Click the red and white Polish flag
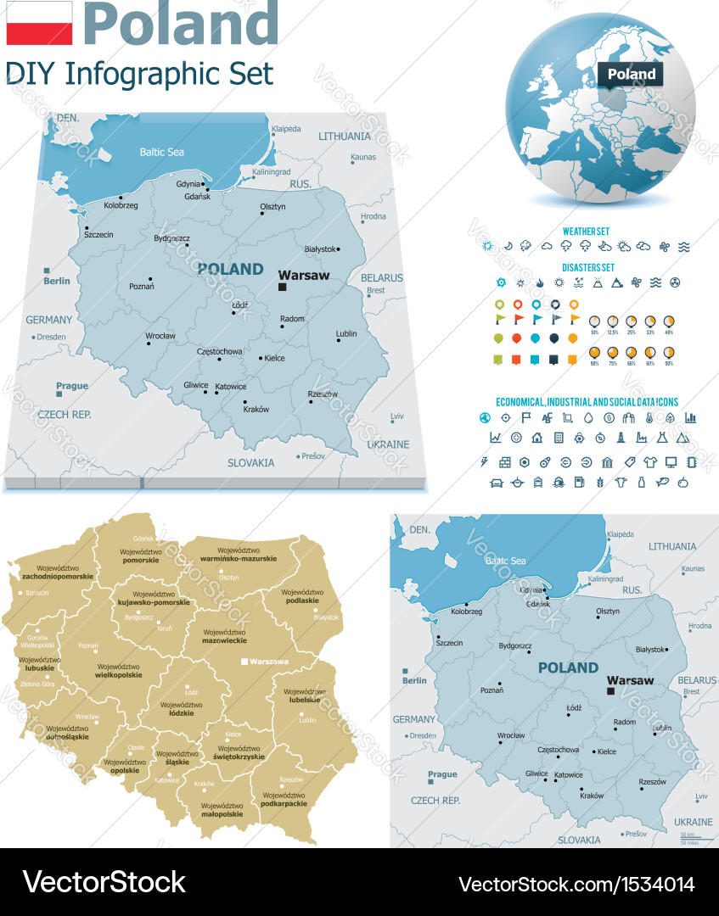[x=39, y=23]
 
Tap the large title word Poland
[x=181, y=23]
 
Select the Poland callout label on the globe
[x=631, y=74]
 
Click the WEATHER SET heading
[x=586, y=231]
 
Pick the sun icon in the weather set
[x=487, y=247]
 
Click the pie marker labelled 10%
[x=594, y=321]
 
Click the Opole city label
[x=136, y=747]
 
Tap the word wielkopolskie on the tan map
[x=119, y=675]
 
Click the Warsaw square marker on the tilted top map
[x=283, y=288]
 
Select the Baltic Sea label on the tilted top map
[x=161, y=153]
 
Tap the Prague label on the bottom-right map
[x=442, y=774]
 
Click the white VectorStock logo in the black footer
[x=104, y=882]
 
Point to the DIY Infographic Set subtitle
[x=139, y=74]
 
